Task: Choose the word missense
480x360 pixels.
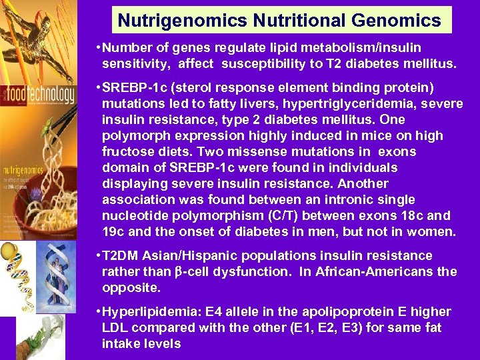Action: coord(233,151)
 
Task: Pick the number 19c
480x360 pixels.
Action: coord(115,231)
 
